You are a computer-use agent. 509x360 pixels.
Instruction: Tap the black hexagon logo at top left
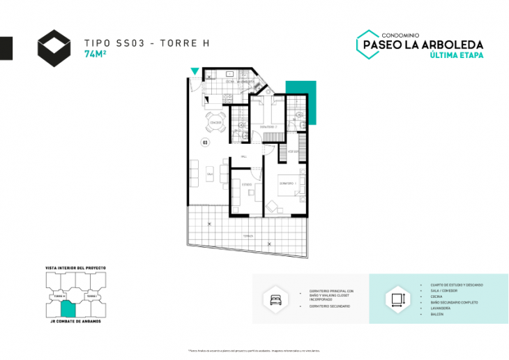(54, 47)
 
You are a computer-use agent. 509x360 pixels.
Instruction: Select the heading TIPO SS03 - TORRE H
(146, 43)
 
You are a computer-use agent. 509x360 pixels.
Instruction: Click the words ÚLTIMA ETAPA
(457, 55)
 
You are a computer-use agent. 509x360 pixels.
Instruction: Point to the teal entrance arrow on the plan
(195, 71)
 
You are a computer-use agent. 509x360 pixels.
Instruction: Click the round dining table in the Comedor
(215, 126)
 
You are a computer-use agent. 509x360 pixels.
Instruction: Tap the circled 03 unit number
(205, 142)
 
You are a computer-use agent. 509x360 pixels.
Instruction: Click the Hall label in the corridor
(244, 156)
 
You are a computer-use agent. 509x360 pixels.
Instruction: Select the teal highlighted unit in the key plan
(68, 308)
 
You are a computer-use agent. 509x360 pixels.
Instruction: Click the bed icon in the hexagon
(273, 299)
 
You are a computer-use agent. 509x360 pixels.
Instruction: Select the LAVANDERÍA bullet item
(436, 308)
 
